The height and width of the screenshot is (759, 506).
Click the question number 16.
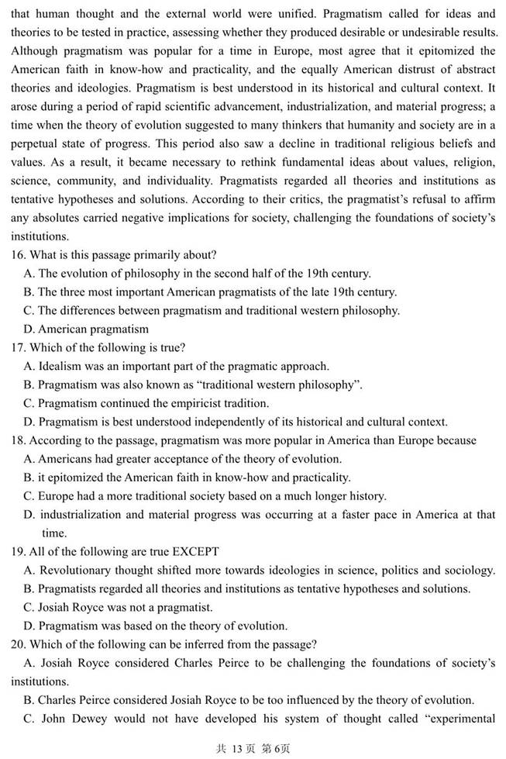(19, 255)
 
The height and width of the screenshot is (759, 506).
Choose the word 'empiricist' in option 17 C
(210, 403)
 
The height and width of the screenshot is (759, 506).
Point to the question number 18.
(19, 440)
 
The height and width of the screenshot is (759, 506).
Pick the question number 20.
(19, 644)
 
